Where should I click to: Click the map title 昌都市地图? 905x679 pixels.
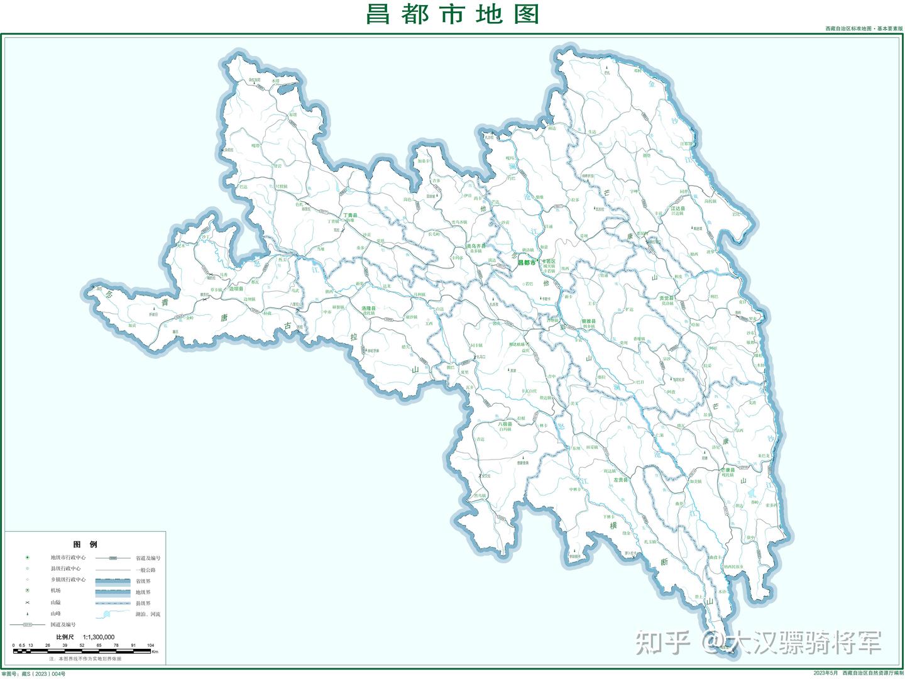click(x=452, y=14)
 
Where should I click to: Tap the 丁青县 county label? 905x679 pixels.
click(x=350, y=216)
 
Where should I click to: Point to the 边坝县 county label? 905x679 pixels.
click(x=236, y=289)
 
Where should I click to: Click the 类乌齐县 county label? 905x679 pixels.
click(x=476, y=246)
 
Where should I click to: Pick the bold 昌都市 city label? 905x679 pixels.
click(x=527, y=262)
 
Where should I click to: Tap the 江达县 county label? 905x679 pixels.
click(x=677, y=208)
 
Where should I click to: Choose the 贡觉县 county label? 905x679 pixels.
click(x=666, y=298)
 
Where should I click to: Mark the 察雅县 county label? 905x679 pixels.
click(x=588, y=321)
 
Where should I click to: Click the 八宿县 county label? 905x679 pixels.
click(x=505, y=424)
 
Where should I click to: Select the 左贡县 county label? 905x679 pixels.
click(x=620, y=480)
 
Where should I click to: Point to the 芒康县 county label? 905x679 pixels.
click(x=727, y=470)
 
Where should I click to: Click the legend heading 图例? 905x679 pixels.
click(x=85, y=544)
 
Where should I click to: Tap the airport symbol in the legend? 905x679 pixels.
click(x=28, y=590)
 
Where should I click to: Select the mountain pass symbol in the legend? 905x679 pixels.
click(x=28, y=602)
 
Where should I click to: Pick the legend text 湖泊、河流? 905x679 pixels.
click(x=148, y=614)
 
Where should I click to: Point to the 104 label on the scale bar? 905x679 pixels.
click(x=150, y=645)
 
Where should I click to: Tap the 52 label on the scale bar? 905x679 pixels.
click(x=82, y=645)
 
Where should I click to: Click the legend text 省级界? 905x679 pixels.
click(x=143, y=581)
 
